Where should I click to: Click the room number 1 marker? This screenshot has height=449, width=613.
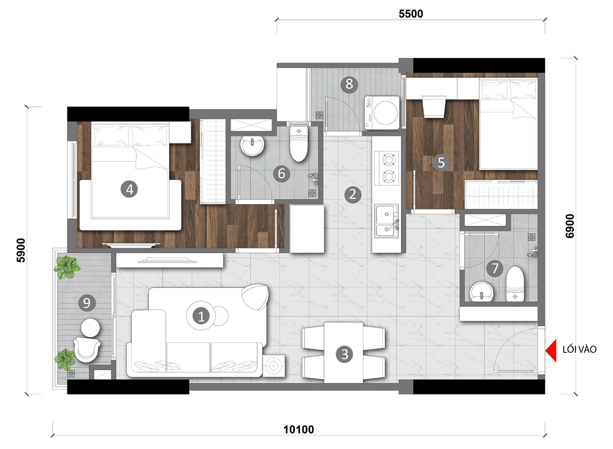pyautogui.click(x=201, y=315)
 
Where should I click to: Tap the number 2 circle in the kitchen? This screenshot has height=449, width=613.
pyautogui.click(x=352, y=194)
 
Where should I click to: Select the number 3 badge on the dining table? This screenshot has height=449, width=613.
pyautogui.click(x=345, y=354)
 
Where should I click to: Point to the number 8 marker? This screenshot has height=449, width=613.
pyautogui.click(x=349, y=84)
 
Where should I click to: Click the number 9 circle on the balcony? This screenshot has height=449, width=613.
pyautogui.click(x=87, y=303)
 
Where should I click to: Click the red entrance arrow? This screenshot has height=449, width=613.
pyautogui.click(x=551, y=350)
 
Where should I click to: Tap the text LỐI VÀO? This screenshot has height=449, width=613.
pyautogui.click(x=579, y=349)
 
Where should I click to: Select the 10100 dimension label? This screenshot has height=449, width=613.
pyautogui.click(x=299, y=429)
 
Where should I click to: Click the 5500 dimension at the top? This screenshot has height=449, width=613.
pyautogui.click(x=411, y=13)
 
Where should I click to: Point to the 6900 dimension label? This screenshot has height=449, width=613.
pyautogui.click(x=570, y=225)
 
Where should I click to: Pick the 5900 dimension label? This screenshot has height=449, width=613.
pyautogui.click(x=21, y=250)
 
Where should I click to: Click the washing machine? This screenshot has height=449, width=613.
pyautogui.click(x=382, y=113)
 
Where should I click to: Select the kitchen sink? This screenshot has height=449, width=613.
pyautogui.click(x=387, y=221)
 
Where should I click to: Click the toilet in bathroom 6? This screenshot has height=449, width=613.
pyautogui.click(x=299, y=143)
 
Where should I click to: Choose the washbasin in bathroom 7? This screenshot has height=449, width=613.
pyautogui.click(x=482, y=292)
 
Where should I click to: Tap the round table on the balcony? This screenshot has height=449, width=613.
pyautogui.click(x=90, y=328)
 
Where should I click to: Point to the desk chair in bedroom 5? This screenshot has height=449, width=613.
pyautogui.click(x=435, y=107)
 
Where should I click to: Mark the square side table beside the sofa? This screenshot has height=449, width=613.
pyautogui.click(x=273, y=366)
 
